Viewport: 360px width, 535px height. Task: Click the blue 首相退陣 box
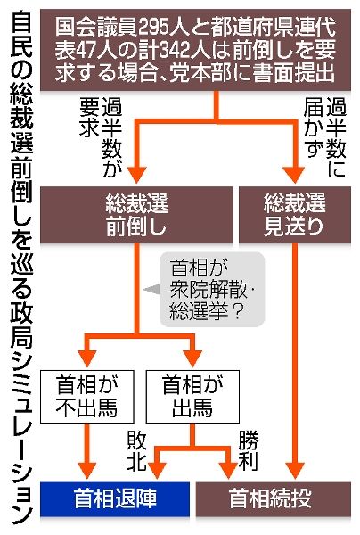[115, 499]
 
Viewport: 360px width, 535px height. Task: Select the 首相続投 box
[273, 499]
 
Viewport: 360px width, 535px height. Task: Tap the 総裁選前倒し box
[136, 215]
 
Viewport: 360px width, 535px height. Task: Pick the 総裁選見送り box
[295, 215]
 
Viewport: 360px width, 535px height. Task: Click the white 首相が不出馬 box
[87, 397]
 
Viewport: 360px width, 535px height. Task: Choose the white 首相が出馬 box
[192, 397]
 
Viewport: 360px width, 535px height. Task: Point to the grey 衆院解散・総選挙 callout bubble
[212, 289]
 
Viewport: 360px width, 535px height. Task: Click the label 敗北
[136, 451]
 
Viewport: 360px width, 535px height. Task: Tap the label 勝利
[249, 451]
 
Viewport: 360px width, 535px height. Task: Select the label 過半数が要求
[101, 136]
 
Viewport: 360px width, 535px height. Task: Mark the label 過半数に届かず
[325, 136]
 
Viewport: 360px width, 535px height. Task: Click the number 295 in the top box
[158, 28]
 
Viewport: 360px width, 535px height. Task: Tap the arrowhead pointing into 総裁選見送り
[294, 175]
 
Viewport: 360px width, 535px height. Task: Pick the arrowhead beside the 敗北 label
[157, 471]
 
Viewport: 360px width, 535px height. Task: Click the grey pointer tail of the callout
[151, 289]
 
